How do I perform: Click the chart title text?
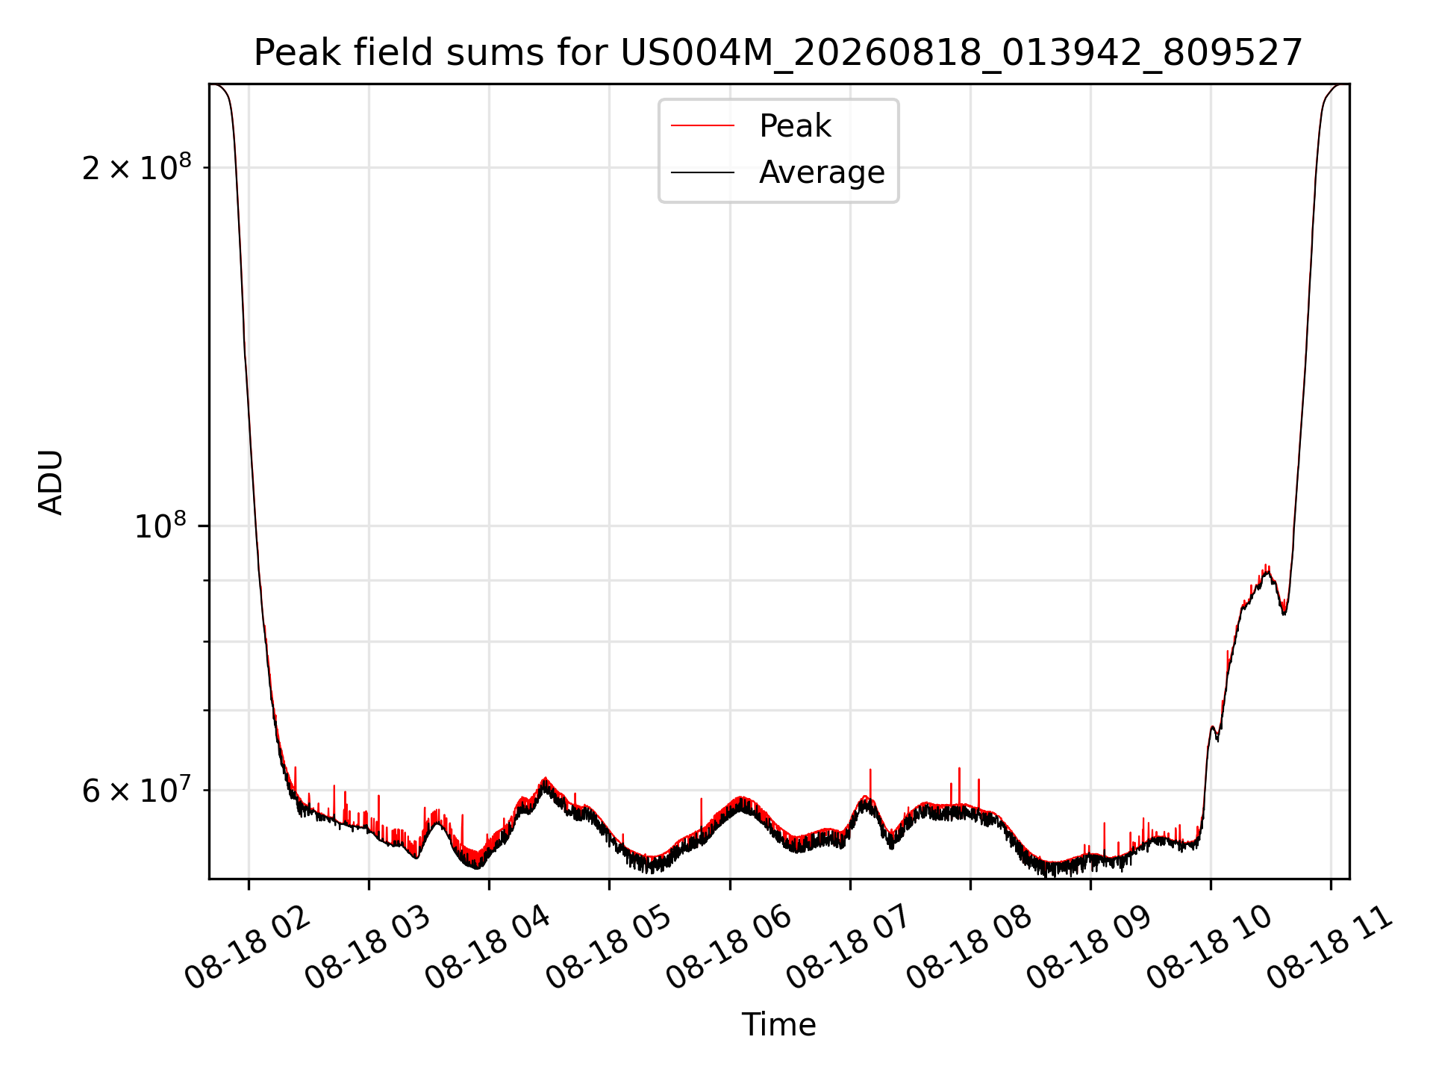tap(778, 54)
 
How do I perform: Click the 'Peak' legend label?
tap(795, 126)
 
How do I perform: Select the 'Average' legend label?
tap(822, 172)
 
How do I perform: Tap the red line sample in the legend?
tap(702, 126)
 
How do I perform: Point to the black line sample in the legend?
tap(702, 172)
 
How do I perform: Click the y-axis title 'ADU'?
tap(51, 482)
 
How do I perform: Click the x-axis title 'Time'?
tap(778, 1025)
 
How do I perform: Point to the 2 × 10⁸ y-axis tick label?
tap(137, 167)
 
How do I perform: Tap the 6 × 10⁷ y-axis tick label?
tap(137, 790)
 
